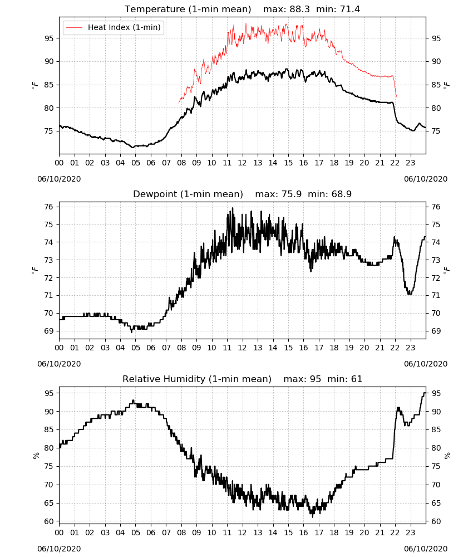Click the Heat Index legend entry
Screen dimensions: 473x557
[x=113, y=27]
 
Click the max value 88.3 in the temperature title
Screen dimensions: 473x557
[x=300, y=9]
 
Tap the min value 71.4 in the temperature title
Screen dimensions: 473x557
[x=350, y=9]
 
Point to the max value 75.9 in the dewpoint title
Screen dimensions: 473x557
[x=292, y=194]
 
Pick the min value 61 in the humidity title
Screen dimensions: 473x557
[x=357, y=379]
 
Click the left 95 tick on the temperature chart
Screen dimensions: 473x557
[x=49, y=38]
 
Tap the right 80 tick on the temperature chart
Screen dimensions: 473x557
[x=436, y=108]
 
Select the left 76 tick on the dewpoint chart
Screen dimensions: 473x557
[x=49, y=207]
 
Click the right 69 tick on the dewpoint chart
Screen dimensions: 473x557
[x=436, y=331]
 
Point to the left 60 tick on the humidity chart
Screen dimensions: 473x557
[x=49, y=521]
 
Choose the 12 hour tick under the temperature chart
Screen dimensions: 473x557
[x=242, y=163]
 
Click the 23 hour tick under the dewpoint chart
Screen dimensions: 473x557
[x=410, y=348]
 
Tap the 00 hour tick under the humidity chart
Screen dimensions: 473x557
[x=59, y=533]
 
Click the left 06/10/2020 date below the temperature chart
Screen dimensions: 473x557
[x=59, y=179]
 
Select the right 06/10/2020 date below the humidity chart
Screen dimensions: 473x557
[x=426, y=549]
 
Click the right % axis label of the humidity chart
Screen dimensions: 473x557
[x=447, y=456]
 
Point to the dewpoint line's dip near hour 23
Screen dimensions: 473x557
[x=410, y=294]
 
